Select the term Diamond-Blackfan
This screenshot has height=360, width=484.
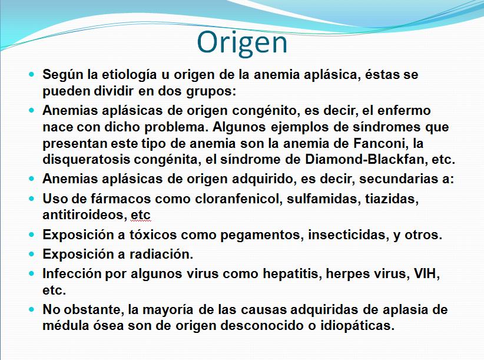364,160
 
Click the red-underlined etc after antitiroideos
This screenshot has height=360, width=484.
141,215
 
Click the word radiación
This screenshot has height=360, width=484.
161,255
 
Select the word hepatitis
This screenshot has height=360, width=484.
292,274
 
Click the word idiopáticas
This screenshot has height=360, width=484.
357,326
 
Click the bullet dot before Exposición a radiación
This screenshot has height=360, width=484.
31,254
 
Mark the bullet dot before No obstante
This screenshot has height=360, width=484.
31,309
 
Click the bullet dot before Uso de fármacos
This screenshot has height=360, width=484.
31,199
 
